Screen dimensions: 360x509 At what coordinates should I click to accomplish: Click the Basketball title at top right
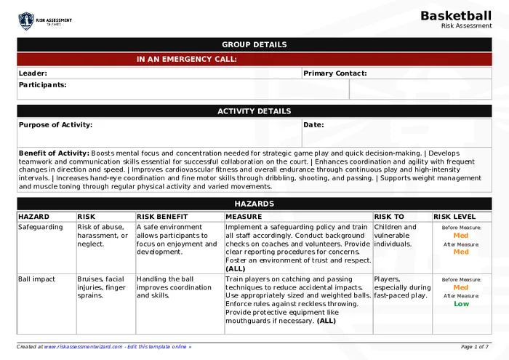point(456,16)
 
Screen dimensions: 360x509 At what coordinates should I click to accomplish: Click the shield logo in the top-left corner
point(26,20)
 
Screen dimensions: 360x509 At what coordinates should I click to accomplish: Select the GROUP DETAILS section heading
point(254,45)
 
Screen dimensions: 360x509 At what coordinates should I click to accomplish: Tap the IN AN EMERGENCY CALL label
point(186,60)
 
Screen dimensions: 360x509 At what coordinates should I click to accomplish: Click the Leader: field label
point(33,73)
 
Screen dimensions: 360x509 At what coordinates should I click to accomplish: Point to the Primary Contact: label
point(335,73)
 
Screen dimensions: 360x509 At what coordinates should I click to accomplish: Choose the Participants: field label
point(43,85)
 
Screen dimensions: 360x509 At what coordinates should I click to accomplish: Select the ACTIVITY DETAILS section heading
point(254,111)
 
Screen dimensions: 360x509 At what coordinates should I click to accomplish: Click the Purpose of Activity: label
point(56,125)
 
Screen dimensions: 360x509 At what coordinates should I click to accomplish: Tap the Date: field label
point(314,125)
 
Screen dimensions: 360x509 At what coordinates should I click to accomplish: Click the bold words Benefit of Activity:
point(54,153)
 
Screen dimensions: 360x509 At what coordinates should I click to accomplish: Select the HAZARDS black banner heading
point(254,204)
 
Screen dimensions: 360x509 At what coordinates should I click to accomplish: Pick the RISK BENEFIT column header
point(162,217)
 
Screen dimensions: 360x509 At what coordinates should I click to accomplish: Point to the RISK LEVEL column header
point(454,217)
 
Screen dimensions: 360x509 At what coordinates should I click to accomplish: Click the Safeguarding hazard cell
point(41,227)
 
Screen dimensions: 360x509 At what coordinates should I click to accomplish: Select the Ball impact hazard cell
point(37,279)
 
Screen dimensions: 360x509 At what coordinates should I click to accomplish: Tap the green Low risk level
point(461,304)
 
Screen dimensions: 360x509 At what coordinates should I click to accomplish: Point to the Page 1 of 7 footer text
point(475,347)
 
